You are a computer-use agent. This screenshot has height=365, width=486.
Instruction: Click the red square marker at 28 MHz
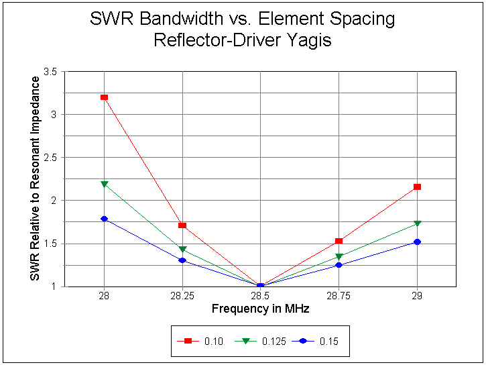pos(104,97)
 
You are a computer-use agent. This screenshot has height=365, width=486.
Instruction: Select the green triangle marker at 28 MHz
pos(104,184)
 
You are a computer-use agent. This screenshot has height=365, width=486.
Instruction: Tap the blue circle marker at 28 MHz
pos(104,219)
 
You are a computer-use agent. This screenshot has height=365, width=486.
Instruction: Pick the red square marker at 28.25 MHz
pos(182,225)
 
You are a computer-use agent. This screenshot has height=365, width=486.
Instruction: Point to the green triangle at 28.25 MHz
pos(182,250)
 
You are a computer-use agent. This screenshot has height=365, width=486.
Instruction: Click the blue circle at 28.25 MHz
pos(182,260)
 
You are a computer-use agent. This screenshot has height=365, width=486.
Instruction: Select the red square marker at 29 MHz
pos(417,187)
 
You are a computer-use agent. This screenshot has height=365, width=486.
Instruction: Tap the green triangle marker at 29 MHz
pos(417,223)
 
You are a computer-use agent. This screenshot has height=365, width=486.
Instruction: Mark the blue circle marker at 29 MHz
pos(417,242)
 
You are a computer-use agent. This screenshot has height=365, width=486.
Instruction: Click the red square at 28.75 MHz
pos(339,241)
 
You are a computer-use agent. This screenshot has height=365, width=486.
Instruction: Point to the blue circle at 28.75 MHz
pos(339,265)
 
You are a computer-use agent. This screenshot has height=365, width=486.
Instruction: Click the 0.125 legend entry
pos(261,342)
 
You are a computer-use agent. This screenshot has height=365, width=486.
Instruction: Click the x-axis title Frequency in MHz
pos(260,309)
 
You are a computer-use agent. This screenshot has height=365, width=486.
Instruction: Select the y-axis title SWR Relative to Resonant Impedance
pos(36,178)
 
